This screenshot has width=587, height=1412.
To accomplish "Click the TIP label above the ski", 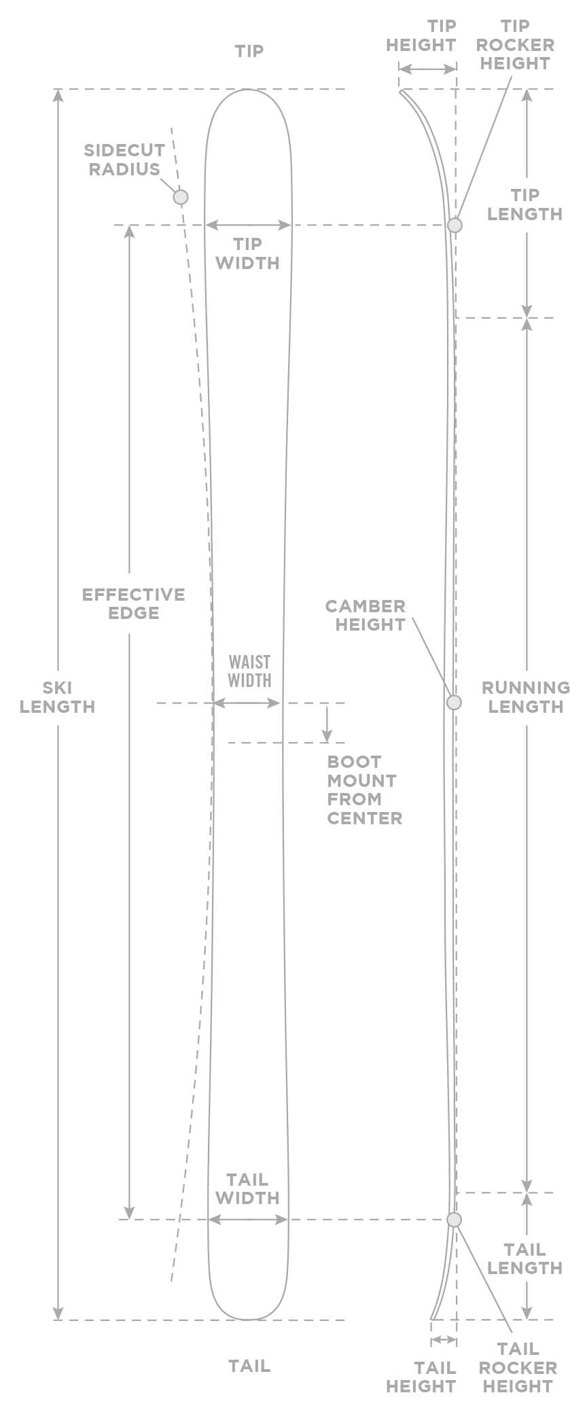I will click(249, 51).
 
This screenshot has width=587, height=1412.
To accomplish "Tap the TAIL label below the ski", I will click(249, 1364).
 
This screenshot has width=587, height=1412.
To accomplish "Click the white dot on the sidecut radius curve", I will click(180, 197).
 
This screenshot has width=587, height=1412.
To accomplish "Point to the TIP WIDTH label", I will click(247, 253).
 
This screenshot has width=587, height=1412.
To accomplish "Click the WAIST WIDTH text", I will click(249, 671).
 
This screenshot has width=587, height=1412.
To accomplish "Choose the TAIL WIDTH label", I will click(247, 1188).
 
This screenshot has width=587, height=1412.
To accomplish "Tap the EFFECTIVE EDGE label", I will click(134, 603).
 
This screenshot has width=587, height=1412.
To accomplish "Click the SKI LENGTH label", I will click(58, 696).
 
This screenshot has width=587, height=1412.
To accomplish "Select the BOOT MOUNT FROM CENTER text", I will click(365, 790).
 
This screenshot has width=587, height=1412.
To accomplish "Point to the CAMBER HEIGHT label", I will click(366, 615).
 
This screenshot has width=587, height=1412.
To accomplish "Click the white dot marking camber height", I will click(454, 702).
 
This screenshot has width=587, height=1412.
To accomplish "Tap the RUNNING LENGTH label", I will click(525, 696).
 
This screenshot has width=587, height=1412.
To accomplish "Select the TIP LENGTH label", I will click(525, 205).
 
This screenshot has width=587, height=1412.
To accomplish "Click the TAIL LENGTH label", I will click(525, 1258).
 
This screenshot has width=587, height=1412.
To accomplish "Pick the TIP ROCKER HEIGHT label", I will click(515, 45).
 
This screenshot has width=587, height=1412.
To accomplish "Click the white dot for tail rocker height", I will click(454, 1220).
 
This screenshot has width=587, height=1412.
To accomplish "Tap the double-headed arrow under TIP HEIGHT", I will click(427, 69).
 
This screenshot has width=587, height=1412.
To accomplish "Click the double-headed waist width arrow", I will click(247, 703).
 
